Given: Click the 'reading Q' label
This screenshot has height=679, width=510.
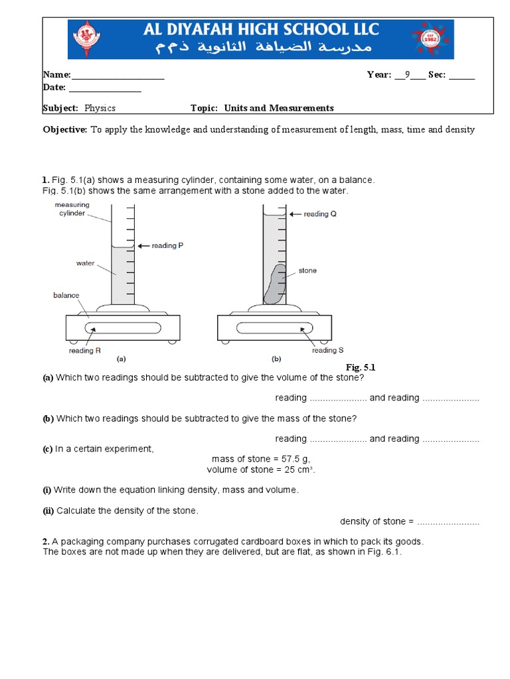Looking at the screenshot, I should (320, 214).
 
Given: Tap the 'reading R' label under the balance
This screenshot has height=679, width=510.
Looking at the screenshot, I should (84, 351).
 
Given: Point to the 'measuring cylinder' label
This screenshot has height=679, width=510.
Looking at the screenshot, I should (72, 210).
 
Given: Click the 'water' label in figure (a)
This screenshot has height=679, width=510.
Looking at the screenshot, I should (85, 263).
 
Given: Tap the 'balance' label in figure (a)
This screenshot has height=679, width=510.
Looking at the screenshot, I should (66, 295).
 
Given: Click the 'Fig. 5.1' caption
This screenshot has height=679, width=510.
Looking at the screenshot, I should (361, 367).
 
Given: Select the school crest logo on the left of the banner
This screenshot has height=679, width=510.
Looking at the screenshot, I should (85, 39).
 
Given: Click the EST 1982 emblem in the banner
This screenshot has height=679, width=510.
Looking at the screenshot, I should (434, 39).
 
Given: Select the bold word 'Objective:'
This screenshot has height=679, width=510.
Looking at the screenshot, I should (65, 130).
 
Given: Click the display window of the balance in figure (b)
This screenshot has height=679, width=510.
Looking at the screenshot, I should (274, 328).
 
